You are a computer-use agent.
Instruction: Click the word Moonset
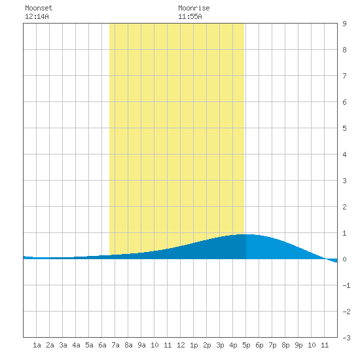pos(39,8)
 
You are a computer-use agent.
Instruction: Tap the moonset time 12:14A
pos(37,16)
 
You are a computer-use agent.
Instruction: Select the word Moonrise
pos(194,8)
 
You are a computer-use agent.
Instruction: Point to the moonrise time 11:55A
pos(190,16)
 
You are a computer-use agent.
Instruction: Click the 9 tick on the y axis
pos(344,24)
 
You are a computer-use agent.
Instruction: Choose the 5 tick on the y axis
pos(344,128)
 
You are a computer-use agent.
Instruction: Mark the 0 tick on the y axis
pos(344,259)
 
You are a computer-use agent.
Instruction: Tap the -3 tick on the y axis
pos(346,338)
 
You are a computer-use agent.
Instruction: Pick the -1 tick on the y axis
pos(346,285)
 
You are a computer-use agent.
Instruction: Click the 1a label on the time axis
pos(37,345)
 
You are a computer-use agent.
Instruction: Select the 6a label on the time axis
pos(102,345)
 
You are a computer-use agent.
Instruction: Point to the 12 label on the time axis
pos(181,345)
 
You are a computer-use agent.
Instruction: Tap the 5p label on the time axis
pos(246,345)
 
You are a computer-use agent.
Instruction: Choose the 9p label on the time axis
pos(298,345)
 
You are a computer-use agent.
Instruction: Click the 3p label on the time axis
pos(220,345)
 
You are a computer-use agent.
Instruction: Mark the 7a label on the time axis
pos(115,345)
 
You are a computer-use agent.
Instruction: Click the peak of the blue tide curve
pos(246,234)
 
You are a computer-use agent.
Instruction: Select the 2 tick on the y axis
pos(344,207)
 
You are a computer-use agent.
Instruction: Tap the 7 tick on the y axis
pos(344,76)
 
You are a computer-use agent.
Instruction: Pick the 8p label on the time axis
pos(285,345)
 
